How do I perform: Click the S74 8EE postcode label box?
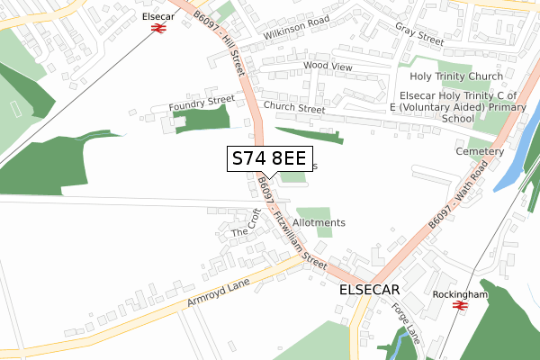coord(270,159)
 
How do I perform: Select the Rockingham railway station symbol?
coord(459,305)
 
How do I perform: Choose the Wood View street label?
coord(328,66)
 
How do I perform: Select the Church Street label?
coord(294,109)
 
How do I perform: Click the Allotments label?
coord(319,222)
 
